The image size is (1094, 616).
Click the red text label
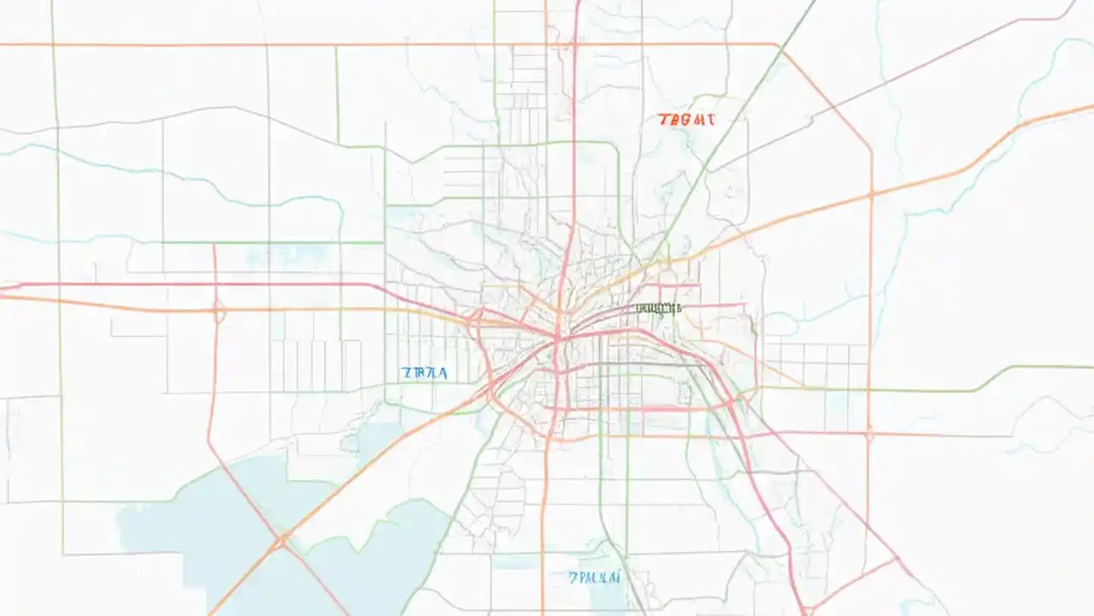(686, 121)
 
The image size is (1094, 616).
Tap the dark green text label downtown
(658, 308)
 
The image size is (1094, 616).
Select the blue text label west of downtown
(425, 373)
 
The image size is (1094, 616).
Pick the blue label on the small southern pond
(595, 577)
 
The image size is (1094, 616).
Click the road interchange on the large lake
(281, 541)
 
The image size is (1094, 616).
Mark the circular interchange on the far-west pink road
(218, 311)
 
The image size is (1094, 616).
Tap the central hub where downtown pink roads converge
(557, 339)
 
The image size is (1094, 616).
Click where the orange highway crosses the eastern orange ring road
(871, 195)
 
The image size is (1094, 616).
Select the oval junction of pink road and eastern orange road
(869, 435)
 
